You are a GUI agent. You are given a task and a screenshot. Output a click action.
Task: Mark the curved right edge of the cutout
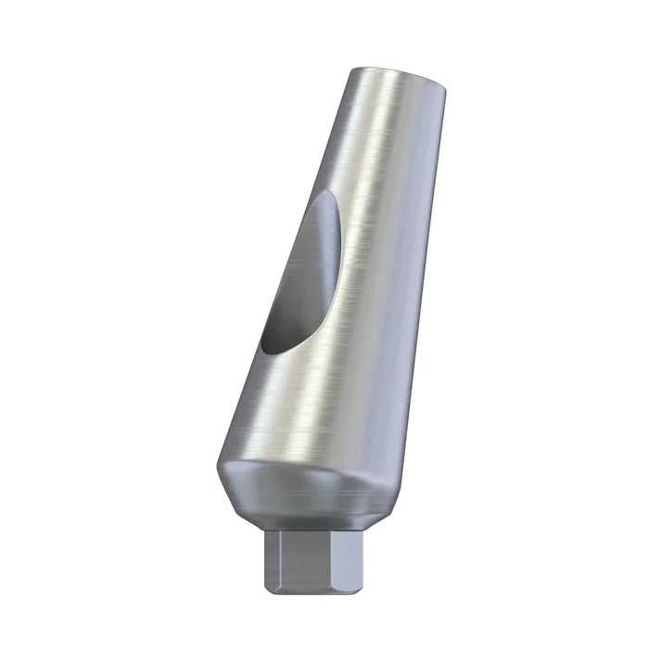coord(336,269)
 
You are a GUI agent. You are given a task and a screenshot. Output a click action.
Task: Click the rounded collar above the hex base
coord(306,491)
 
